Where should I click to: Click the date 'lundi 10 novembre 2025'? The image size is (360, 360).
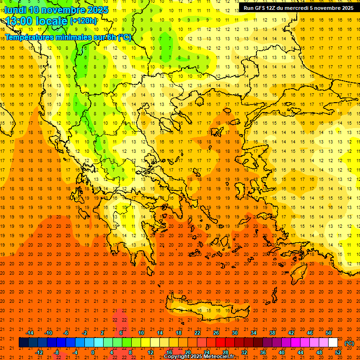coord(56,10)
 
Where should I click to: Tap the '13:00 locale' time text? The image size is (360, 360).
coord(37,21)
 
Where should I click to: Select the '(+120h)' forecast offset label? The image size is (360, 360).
coord(83,21)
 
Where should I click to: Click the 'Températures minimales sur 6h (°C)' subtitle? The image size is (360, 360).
coord(68,37)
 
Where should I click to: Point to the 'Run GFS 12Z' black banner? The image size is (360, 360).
coord(299,8)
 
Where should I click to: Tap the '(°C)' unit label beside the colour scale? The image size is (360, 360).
coord(349,343)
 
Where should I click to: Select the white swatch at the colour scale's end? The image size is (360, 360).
coord(333,343)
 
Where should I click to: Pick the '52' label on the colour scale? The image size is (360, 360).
coord(338,352)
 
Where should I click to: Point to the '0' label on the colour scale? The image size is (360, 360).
coord(92,352)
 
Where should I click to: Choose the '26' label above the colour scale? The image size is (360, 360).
coord(216,333)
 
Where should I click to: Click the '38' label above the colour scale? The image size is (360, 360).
coord(272,333)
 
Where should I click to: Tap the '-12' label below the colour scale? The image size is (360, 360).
coord(39,352)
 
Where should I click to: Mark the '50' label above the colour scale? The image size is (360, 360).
coord(329,333)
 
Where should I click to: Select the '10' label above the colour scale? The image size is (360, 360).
coord(141,333)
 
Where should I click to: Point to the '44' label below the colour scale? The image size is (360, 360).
coord(300,352)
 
